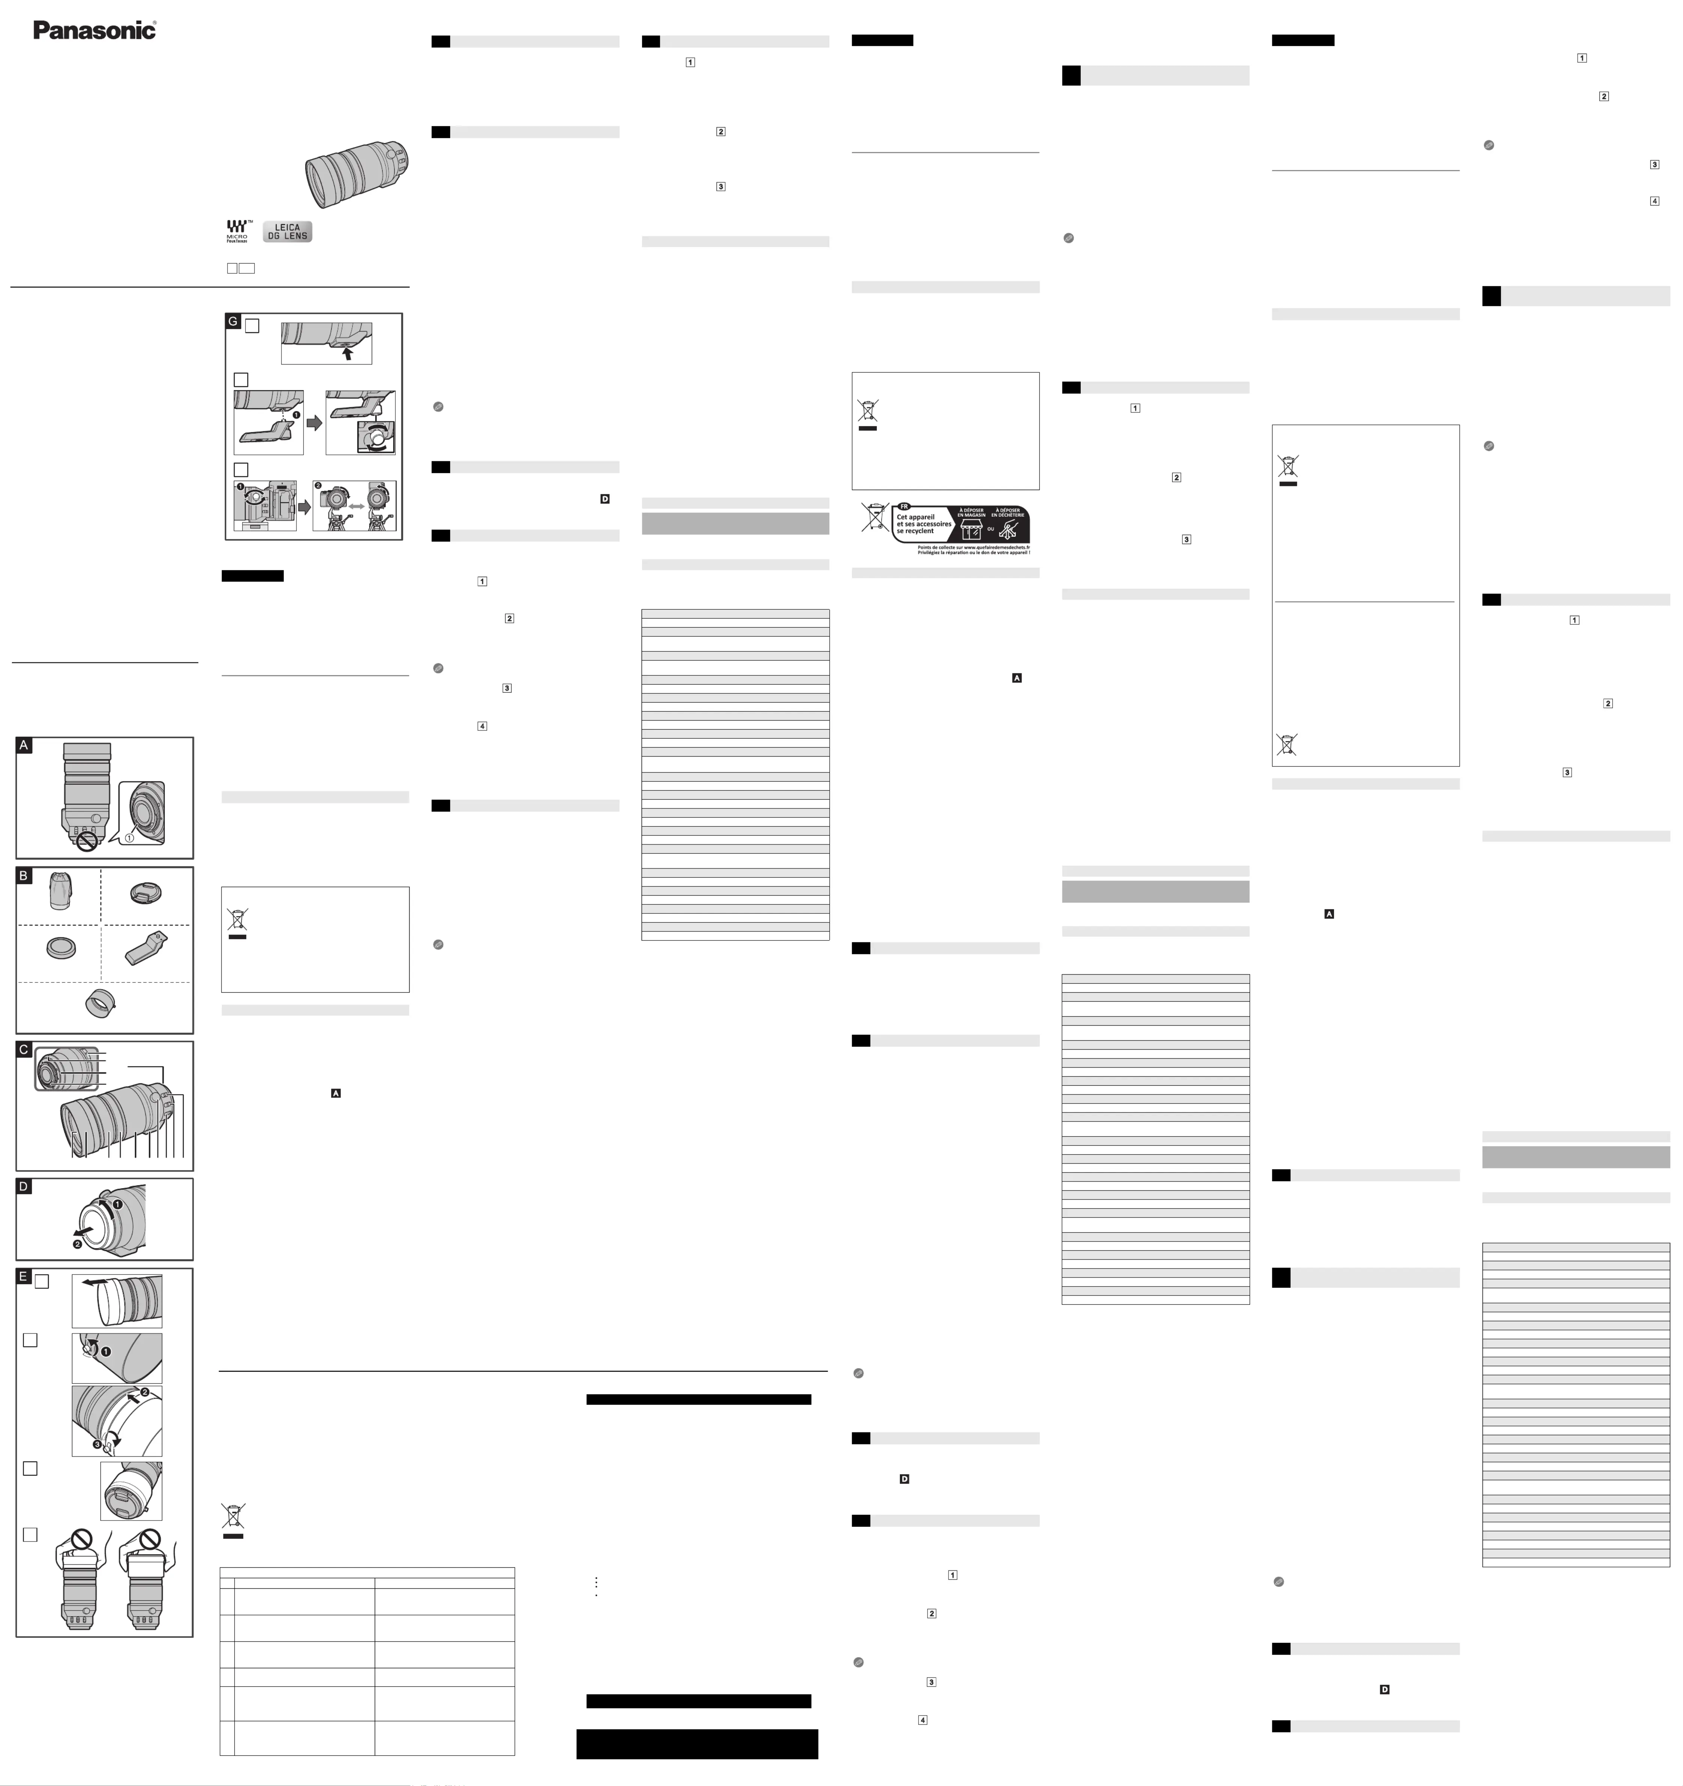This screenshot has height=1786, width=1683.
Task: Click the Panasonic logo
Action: click(94, 30)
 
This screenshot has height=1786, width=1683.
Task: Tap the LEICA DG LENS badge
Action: click(287, 232)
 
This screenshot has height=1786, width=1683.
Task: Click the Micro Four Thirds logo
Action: click(237, 231)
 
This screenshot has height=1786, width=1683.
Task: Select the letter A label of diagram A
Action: click(24, 745)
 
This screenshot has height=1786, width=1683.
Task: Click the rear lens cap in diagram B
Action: click(60, 947)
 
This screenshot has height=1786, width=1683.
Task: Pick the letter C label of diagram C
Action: click(24, 1049)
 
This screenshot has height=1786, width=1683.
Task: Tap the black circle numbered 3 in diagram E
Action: click(98, 1445)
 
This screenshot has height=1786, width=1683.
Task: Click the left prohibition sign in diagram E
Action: click(82, 1539)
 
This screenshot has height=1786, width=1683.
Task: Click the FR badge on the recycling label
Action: click(904, 507)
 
